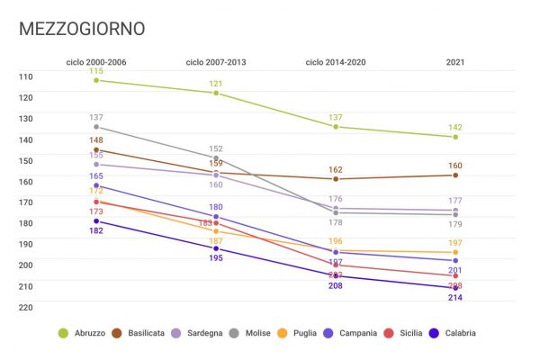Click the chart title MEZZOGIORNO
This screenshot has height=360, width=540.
(82, 29)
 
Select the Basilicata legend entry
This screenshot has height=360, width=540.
(153, 333)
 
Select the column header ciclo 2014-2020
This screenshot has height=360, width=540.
(336, 62)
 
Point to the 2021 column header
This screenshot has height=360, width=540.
(455, 62)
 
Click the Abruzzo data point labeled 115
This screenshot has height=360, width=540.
(96, 81)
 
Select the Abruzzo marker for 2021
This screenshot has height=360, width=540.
(455, 137)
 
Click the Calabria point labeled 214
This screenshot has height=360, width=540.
(455, 288)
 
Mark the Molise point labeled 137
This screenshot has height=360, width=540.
(96, 127)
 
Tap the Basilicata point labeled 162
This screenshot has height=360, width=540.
(336, 179)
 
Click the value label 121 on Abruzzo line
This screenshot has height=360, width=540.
(216, 84)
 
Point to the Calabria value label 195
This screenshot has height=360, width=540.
(216, 258)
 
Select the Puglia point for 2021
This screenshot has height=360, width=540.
(455, 253)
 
